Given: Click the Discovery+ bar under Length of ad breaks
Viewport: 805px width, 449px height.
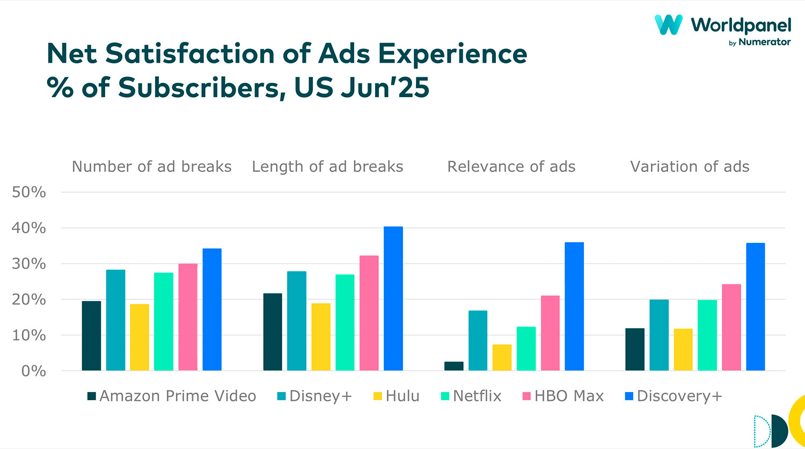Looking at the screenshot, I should [393, 299].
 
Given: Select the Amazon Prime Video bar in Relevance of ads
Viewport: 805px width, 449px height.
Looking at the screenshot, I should [453, 366].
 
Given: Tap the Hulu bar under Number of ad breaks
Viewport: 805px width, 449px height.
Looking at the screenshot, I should [140, 337].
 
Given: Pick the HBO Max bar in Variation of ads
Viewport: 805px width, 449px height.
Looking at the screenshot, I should [731, 327].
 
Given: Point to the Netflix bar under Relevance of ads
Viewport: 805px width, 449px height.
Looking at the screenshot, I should [526, 349].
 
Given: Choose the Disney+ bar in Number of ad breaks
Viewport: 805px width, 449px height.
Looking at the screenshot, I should [115, 320].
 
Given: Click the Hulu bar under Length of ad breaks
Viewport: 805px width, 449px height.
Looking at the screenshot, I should [321, 337].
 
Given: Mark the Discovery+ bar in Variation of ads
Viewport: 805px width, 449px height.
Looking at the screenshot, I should [755, 307].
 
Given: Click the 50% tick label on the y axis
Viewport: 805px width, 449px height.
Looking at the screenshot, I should [29, 192].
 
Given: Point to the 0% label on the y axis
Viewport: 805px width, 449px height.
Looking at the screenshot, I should [33, 371].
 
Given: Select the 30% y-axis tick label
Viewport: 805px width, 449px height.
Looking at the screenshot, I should [29, 264].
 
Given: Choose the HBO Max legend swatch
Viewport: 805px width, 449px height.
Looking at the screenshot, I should [526, 396].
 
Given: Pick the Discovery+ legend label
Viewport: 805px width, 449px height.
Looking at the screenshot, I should [679, 396].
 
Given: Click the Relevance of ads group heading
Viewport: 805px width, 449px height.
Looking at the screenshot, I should [511, 167].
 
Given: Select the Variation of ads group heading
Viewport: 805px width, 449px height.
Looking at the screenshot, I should [690, 167].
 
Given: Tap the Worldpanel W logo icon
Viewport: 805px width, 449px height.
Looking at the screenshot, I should [668, 25].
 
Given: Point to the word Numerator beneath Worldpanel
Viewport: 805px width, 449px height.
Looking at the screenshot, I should [764, 42].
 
